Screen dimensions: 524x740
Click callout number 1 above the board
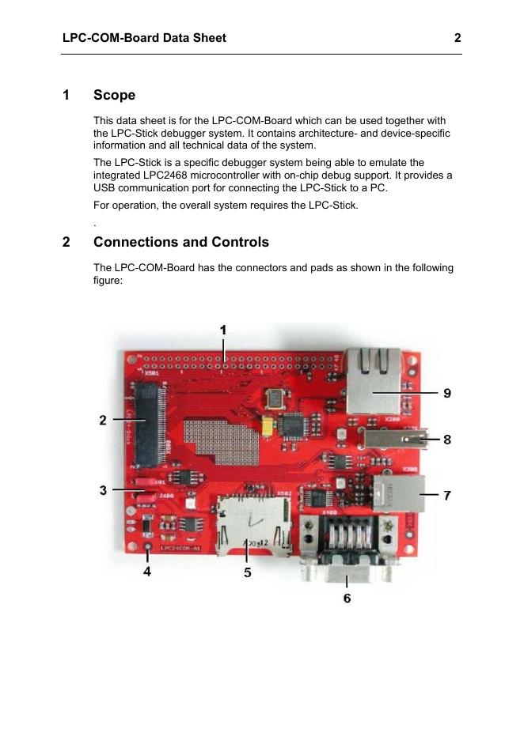point(223,330)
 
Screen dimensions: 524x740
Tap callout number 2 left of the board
point(103,421)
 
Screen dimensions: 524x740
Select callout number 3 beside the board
point(103,490)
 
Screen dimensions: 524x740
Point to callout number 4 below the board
point(147,572)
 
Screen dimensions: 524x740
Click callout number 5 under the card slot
point(248,572)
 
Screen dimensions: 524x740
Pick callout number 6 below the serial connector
point(347,598)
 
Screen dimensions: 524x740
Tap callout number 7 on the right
point(447,496)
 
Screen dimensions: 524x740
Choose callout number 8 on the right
point(447,440)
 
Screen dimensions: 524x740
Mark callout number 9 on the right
point(447,393)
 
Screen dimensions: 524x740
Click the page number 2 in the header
point(458,37)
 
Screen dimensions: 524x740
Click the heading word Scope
point(114,95)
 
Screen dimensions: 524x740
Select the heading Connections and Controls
point(180,242)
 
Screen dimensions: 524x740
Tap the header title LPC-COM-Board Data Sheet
point(144,37)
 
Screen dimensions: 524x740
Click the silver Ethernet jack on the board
point(373,380)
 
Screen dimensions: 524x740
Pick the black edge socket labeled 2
point(148,423)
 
